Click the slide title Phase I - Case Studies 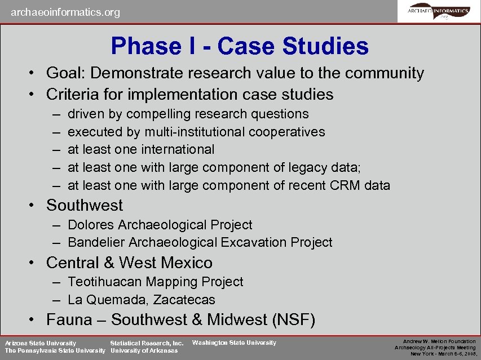pos(240,46)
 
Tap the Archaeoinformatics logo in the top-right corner pos(438,11)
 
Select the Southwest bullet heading pos(84,205)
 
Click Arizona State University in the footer pos(40,343)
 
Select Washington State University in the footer pos(234,343)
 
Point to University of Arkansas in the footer pos(144,350)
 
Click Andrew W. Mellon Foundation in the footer pos(439,341)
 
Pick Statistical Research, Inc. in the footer pos(147,343)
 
